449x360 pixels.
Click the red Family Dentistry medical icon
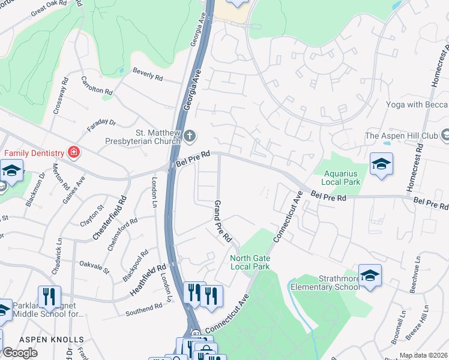click(x=73, y=153)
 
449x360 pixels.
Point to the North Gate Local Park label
click(x=250, y=262)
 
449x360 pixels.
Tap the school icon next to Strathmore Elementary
click(x=370, y=275)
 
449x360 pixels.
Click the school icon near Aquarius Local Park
click(x=381, y=164)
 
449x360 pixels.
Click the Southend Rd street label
click(x=144, y=310)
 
